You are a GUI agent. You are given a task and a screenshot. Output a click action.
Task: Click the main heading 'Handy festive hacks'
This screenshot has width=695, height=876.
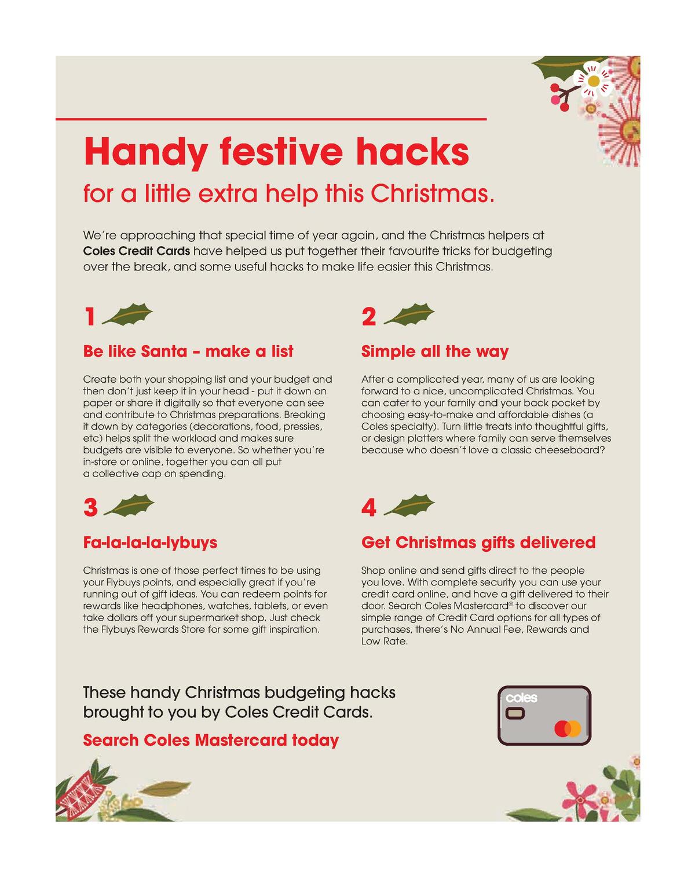click(276, 152)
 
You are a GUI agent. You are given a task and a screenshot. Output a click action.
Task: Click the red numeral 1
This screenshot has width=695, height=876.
click(90, 317)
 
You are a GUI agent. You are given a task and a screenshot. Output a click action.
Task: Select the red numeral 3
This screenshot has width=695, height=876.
click(90, 508)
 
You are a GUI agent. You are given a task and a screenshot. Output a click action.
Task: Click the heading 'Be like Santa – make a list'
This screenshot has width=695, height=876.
click(188, 351)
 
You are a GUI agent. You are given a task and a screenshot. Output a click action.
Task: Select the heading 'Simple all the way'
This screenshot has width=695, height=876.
click(434, 351)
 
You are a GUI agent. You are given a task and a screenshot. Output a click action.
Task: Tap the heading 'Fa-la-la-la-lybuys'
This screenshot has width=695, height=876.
click(150, 543)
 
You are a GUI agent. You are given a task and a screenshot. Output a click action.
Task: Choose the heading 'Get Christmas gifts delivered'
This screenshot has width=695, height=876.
click(478, 543)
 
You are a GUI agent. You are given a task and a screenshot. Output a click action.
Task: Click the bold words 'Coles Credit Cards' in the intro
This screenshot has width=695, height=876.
click(137, 251)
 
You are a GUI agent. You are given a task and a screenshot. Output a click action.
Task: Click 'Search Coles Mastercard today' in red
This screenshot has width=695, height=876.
click(211, 740)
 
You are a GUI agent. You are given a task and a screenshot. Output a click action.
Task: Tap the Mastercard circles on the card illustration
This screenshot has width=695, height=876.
click(567, 729)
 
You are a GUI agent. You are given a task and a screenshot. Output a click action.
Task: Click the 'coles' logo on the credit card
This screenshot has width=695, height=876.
click(522, 698)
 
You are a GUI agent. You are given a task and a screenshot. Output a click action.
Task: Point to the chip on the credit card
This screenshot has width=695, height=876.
click(515, 714)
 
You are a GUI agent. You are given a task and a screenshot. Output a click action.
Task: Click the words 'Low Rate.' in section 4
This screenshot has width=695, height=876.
click(385, 642)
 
